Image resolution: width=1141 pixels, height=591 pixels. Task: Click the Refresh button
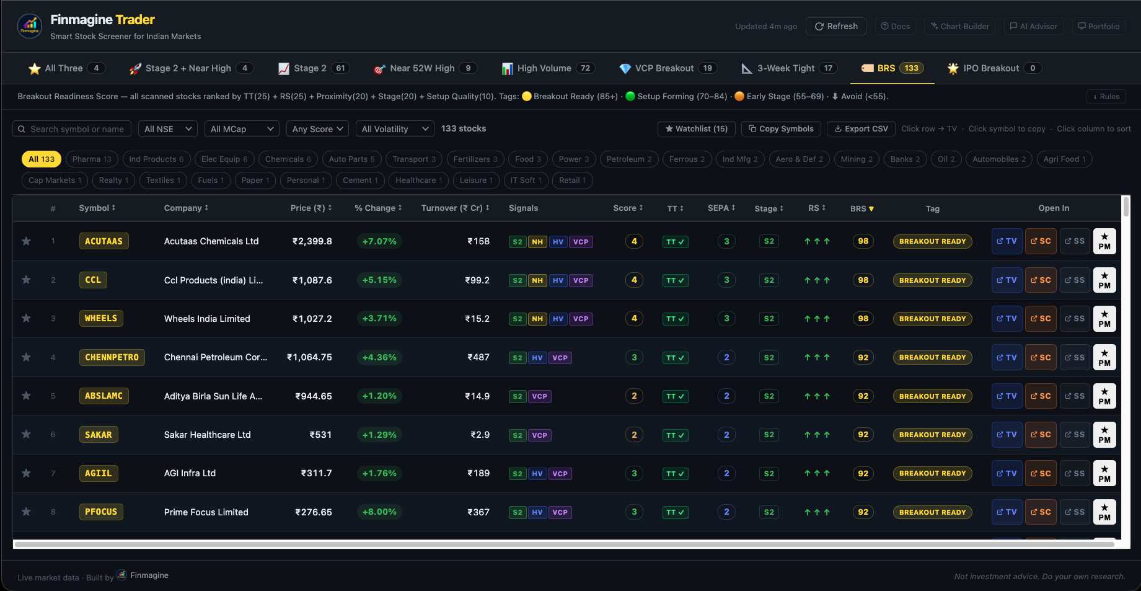(835, 26)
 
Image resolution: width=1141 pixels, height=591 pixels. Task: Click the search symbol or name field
(77, 129)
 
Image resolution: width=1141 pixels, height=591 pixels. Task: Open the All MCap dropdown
(242, 129)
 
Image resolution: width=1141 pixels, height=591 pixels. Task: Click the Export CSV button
(861, 128)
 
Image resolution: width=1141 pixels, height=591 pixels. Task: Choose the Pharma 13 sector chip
(91, 159)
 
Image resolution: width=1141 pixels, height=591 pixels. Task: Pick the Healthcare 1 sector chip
(418, 180)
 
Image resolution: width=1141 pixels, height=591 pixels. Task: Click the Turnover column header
(454, 208)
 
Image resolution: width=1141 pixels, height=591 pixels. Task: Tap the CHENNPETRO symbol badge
(112, 357)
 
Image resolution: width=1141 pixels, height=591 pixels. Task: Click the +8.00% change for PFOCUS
(379, 512)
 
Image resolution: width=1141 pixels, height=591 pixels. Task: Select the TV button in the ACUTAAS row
(1007, 241)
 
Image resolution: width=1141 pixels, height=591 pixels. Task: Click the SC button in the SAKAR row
(1041, 435)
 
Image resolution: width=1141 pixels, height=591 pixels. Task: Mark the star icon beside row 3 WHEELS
(26, 318)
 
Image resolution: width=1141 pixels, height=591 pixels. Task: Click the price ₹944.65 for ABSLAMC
(313, 396)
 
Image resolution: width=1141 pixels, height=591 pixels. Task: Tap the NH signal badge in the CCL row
(537, 280)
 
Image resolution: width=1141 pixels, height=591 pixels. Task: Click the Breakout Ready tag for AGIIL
(932, 473)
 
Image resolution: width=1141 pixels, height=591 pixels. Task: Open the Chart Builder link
(959, 26)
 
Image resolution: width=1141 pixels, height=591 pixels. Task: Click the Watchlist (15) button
(696, 128)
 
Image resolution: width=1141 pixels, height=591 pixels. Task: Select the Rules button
(1106, 96)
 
